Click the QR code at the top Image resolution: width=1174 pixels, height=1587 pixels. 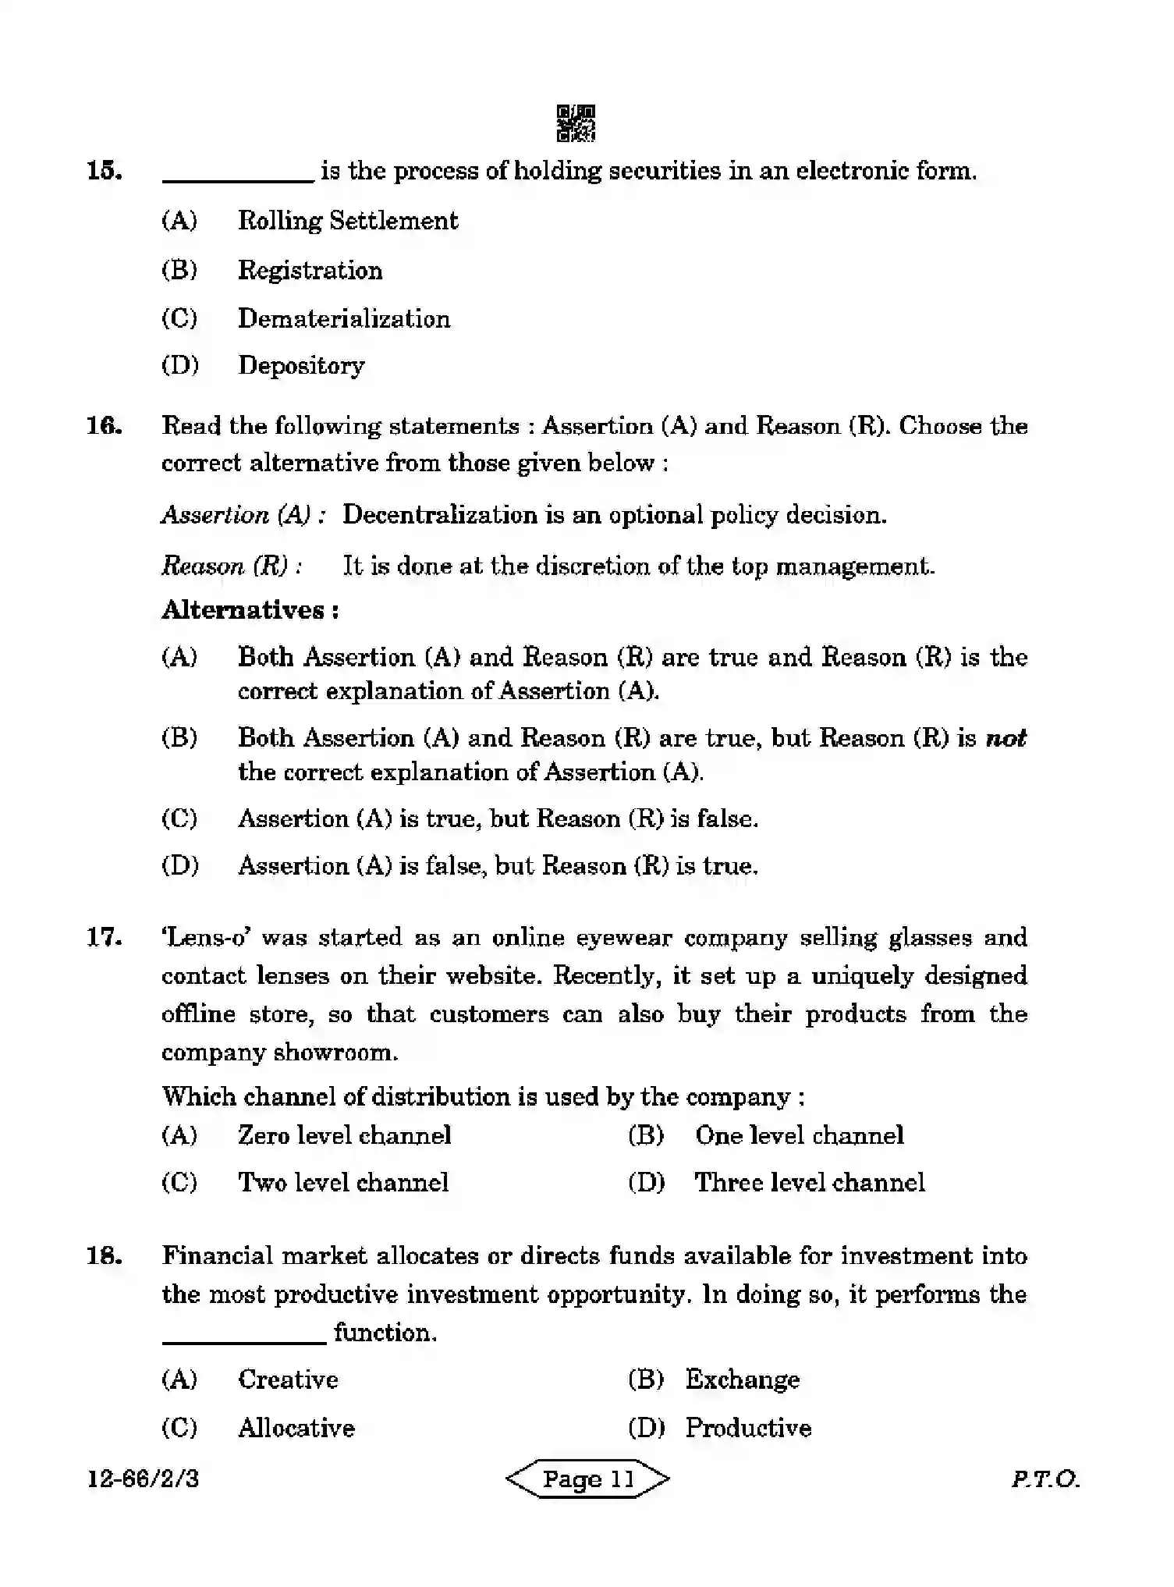click(576, 123)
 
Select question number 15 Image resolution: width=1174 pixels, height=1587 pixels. click(105, 171)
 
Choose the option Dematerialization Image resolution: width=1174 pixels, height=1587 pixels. click(343, 318)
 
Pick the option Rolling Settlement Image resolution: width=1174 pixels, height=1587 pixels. click(347, 221)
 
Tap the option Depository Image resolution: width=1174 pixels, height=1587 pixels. click(300, 365)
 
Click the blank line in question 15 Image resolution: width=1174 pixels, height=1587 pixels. click(237, 179)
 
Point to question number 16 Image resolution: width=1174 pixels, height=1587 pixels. click(105, 426)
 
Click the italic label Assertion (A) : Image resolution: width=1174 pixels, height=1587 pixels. click(243, 515)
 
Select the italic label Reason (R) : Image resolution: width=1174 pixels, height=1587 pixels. click(231, 566)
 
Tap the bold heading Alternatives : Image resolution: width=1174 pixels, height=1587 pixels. click(250, 610)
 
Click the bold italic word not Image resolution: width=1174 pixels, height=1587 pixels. click(1006, 738)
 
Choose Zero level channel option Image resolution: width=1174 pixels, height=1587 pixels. click(344, 1135)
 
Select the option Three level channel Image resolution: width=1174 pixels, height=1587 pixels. click(809, 1182)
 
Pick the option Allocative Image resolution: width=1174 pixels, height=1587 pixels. click(296, 1428)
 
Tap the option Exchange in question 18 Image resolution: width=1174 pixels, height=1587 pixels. click(742, 1379)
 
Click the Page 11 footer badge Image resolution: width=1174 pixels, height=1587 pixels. click(587, 1479)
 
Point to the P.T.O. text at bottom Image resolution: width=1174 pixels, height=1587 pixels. click(1045, 1479)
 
